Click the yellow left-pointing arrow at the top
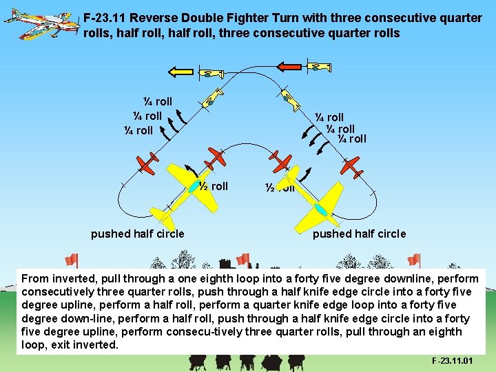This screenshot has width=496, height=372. pos(181,70)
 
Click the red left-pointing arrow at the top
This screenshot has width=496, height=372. pos(290,66)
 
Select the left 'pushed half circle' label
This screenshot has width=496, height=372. pos(137,234)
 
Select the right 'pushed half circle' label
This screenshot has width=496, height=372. pos(359,234)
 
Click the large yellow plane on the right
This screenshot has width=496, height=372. pos(318,206)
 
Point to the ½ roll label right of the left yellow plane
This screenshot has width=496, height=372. pos(214,186)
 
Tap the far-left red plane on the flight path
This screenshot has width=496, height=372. pos(147,163)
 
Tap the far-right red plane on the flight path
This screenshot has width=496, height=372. pos(351,165)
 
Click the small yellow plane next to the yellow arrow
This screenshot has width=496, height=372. pos(209,73)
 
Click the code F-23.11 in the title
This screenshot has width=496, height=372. pos(104,18)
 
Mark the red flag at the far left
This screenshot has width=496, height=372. pos(70,260)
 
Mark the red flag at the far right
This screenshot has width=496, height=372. pos(413,260)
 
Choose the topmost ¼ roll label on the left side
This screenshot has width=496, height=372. pos(158,102)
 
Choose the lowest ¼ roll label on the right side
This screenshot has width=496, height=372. pos(352,139)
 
